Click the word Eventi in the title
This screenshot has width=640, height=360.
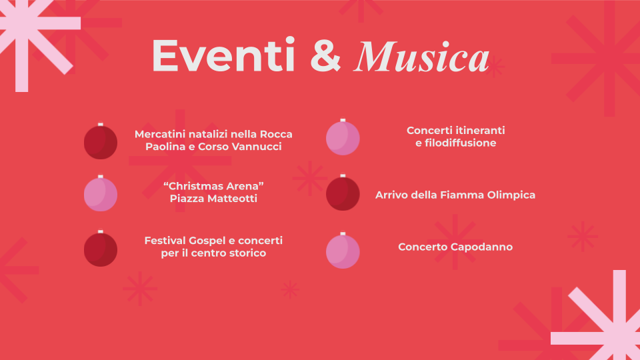pos(223,55)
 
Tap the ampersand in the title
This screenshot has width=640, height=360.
pos(325,56)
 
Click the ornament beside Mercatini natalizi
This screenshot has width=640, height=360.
pos(101,141)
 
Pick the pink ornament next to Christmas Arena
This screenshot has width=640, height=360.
pos(101,193)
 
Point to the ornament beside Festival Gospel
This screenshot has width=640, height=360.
pos(101,248)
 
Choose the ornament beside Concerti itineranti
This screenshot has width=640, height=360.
pos(343,137)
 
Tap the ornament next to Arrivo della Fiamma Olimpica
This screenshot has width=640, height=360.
pos(343,193)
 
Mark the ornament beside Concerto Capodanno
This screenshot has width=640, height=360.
pos(343,250)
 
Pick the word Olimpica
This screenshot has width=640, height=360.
pos(511,195)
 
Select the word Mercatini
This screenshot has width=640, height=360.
pos(159,134)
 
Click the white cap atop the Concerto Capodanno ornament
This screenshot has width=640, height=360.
pos(343,234)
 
